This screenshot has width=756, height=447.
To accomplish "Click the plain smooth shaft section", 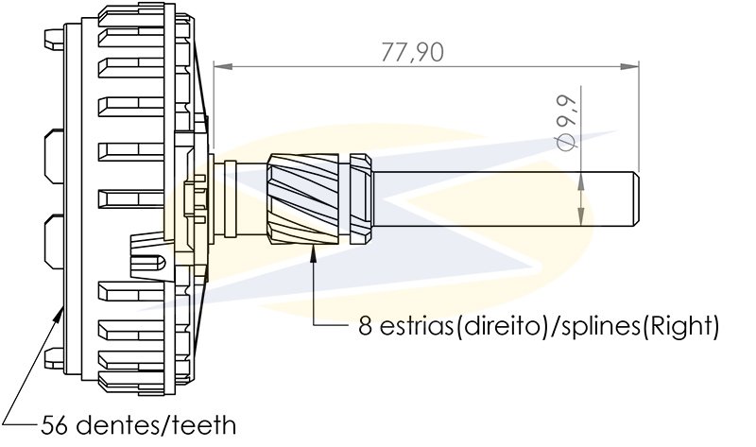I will tap(501, 199).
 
